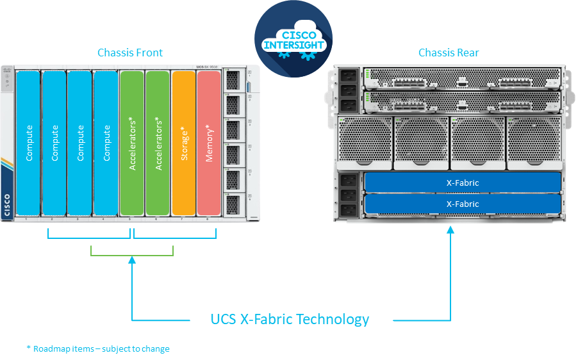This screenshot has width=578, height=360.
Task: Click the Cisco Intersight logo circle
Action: point(293,39)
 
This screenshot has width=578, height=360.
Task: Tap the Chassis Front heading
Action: point(129,53)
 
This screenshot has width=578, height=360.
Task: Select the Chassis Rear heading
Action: point(448,53)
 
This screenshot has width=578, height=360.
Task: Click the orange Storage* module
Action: point(183,142)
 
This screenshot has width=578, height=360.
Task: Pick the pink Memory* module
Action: point(209,142)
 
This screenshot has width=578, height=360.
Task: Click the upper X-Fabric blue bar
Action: point(463,183)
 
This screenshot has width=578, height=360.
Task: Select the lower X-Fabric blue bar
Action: point(463,204)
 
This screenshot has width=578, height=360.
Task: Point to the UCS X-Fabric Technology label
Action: point(290,319)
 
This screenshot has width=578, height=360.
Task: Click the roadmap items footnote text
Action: point(98,349)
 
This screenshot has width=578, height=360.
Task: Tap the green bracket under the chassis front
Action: point(132,254)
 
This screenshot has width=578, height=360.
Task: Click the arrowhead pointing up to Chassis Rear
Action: point(450,228)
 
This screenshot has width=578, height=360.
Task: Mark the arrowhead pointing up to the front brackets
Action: point(132,259)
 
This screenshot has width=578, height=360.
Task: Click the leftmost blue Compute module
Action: point(28,142)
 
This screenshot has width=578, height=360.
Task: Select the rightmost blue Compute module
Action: point(106,142)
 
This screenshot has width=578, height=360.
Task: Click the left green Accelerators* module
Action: point(132,142)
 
